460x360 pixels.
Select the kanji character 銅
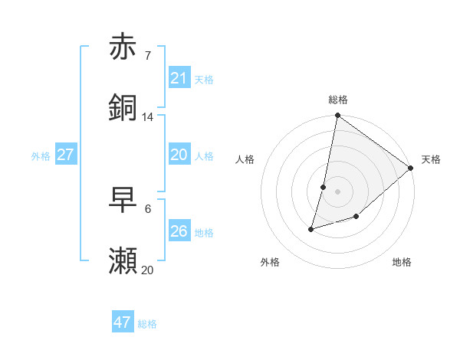click(123, 108)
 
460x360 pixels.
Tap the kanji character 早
click(123, 200)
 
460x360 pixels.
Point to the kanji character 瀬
click(123, 261)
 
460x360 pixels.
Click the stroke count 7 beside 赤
click(148, 55)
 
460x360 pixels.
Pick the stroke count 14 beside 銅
click(148, 116)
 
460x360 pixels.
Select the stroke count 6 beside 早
click(148, 208)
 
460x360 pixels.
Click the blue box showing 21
click(179, 77)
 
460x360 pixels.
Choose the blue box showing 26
click(179, 231)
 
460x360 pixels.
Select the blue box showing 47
click(123, 322)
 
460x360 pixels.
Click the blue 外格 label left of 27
click(41, 155)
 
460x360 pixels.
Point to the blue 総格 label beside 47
click(147, 324)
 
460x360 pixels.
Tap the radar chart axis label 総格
click(337, 100)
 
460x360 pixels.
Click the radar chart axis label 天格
click(431, 159)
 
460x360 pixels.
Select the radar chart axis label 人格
click(245, 159)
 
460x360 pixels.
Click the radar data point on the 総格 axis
click(337, 116)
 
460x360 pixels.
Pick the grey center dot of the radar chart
click(337, 191)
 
